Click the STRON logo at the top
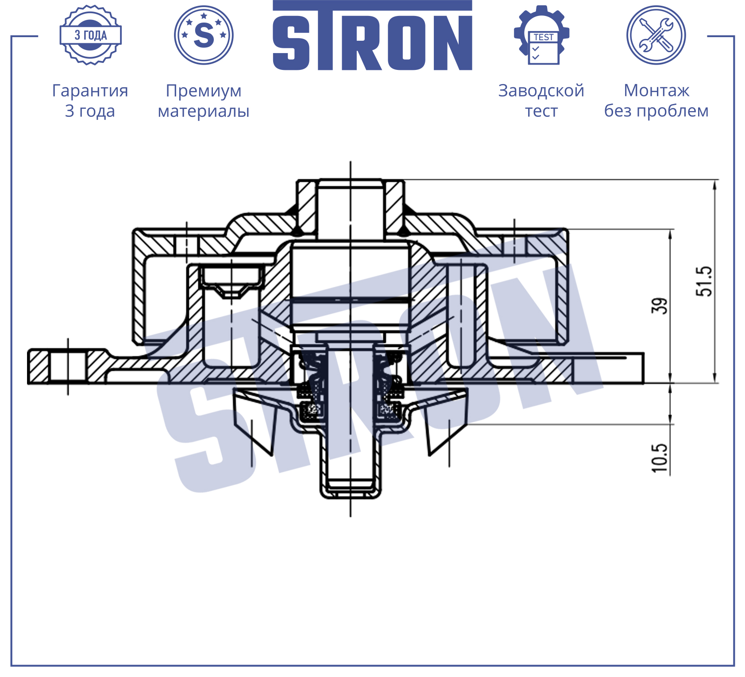point(372,35)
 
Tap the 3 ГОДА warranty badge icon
point(91,35)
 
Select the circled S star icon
point(204,35)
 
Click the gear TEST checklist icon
point(542,35)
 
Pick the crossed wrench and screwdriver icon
point(656,35)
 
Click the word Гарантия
point(90,91)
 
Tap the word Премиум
point(204,91)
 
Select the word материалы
point(204,111)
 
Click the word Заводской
point(541,91)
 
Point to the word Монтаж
point(656,91)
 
